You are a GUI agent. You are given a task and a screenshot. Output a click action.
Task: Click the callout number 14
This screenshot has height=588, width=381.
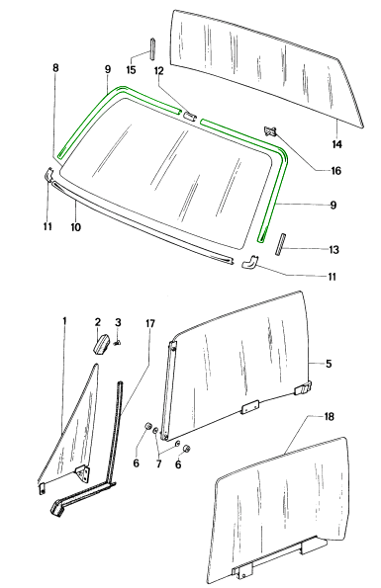pyautogui.click(x=337, y=144)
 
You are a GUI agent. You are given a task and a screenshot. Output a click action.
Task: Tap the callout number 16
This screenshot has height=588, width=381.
pyautogui.click(x=335, y=171)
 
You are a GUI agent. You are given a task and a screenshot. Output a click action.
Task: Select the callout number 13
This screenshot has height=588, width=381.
pyautogui.click(x=333, y=250)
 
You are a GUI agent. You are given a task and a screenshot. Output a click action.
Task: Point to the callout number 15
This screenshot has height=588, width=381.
pyautogui.click(x=131, y=70)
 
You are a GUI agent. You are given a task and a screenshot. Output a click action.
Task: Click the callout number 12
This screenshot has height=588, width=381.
pyautogui.click(x=159, y=71)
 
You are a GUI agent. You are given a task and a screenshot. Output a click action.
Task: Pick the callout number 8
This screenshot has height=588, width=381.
pyautogui.click(x=55, y=68)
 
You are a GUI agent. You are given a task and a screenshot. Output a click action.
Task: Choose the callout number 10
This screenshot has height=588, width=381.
pyautogui.click(x=76, y=227)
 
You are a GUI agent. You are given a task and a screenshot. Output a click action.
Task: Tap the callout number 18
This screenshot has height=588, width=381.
pyautogui.click(x=329, y=417)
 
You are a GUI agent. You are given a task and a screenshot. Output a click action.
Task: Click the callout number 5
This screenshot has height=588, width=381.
pyautogui.click(x=329, y=364)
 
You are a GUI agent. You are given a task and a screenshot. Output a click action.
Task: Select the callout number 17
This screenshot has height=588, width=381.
pyautogui.click(x=150, y=323)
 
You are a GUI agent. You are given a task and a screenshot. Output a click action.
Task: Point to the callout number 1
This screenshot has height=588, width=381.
pyautogui.click(x=64, y=321)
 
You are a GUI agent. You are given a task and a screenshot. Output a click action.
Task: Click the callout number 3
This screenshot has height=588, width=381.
pyautogui.click(x=118, y=322)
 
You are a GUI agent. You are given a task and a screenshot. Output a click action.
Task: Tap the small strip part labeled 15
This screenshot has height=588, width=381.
pyautogui.click(x=153, y=48)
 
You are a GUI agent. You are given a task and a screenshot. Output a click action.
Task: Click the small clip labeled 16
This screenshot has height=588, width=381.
pyautogui.click(x=270, y=130)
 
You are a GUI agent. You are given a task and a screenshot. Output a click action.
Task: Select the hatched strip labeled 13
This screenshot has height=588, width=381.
pyautogui.click(x=280, y=245)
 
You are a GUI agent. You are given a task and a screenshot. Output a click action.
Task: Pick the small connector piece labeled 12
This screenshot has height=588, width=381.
pyautogui.click(x=189, y=116)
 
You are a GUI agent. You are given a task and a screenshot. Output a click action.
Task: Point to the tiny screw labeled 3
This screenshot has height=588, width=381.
pyautogui.click(x=117, y=342)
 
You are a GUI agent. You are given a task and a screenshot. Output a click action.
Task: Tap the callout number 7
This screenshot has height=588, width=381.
pyautogui.click(x=158, y=463)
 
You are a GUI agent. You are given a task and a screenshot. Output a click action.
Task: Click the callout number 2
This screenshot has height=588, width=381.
pyautogui.click(x=98, y=322)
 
